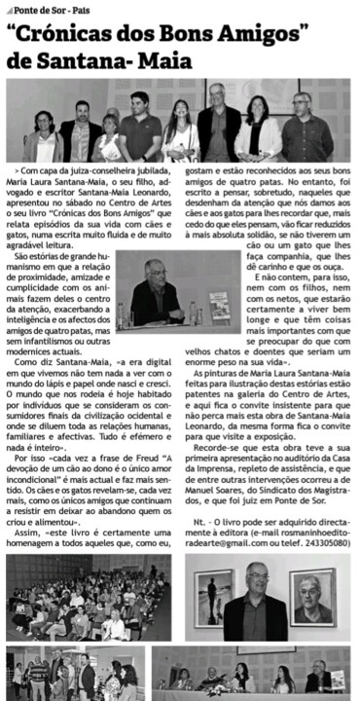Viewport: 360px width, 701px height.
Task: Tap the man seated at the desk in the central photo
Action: coord(155,293)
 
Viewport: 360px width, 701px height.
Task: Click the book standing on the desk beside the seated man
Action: coord(220,308)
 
